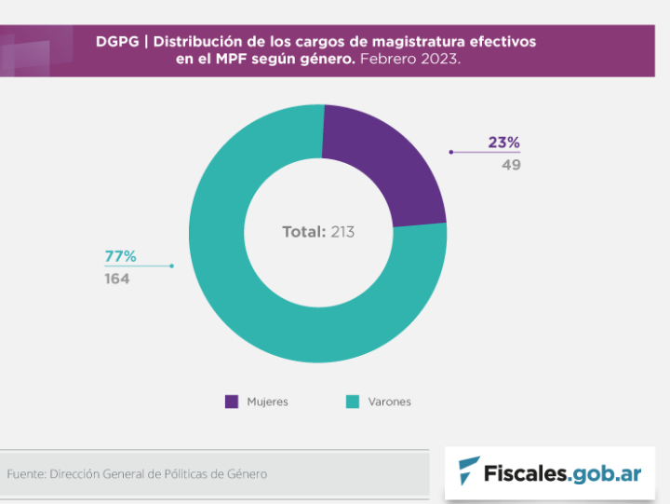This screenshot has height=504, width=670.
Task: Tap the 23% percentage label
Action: [503, 143]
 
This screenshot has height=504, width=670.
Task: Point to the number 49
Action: [511, 165]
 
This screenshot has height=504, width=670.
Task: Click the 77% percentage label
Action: [120, 255]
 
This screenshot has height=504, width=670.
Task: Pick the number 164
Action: [116, 279]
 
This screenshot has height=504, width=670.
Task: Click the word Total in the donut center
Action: [303, 231]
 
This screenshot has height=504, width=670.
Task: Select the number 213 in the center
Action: [342, 231]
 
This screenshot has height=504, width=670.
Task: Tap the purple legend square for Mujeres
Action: [232, 402]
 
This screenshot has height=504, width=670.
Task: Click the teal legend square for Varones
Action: [353, 402]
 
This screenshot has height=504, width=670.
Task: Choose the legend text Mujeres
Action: [267, 402]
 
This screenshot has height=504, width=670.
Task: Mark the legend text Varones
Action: [389, 402]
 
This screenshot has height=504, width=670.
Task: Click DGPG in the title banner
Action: [116, 42]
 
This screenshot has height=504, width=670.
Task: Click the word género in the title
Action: [324, 59]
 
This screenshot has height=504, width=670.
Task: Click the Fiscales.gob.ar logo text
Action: [562, 472]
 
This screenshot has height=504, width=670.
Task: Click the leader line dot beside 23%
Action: [450, 151]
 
